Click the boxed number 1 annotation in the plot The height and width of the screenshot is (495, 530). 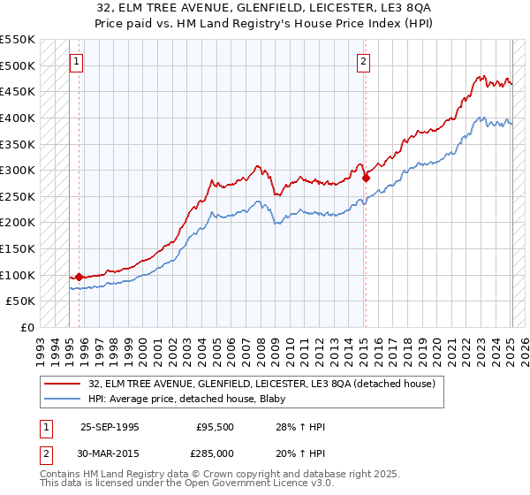77,62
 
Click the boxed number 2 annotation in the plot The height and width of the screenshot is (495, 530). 364,62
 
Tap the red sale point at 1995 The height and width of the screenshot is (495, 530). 79,278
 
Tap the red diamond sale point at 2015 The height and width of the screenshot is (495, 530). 366,178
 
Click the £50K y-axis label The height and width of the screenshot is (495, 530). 20,301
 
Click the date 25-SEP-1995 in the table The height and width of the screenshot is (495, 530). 110,427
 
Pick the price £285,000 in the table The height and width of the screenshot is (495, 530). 215,453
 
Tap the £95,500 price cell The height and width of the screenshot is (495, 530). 215,427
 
